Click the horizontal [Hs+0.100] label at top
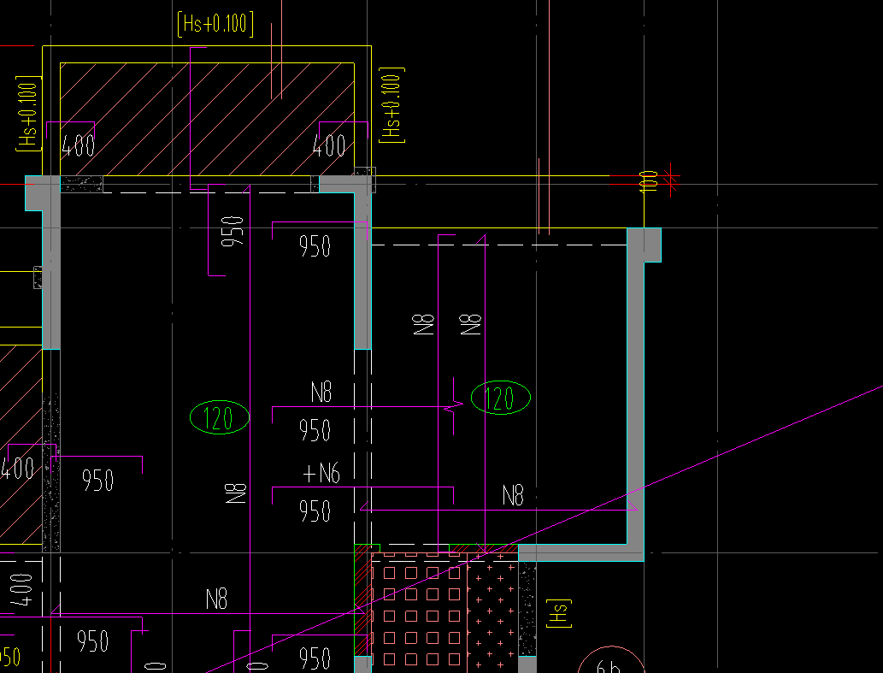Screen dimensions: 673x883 (215, 24)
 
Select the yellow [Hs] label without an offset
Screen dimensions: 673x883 (558, 613)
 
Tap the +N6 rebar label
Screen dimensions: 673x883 (321, 473)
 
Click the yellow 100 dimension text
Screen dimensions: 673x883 (649, 181)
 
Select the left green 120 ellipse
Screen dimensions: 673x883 (220, 418)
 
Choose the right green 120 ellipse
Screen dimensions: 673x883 (501, 398)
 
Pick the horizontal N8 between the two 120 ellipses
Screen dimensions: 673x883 (321, 393)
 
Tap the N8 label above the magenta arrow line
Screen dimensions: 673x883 (513, 495)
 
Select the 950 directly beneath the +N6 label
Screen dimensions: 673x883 (315, 511)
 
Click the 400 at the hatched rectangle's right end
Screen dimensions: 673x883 (329, 146)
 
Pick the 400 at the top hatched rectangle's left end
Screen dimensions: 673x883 (79, 146)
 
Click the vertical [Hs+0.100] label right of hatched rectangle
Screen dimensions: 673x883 (391, 105)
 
